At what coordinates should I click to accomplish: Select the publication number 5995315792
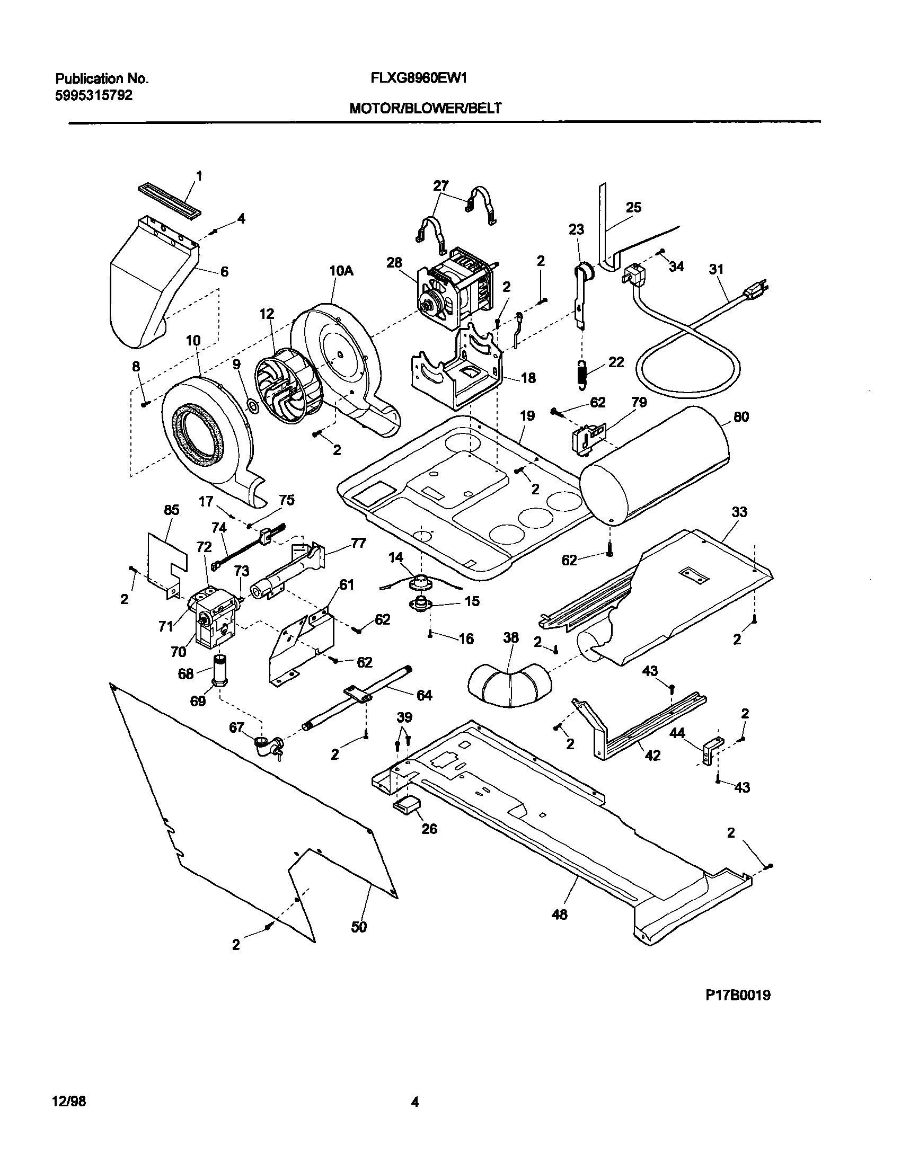(94, 96)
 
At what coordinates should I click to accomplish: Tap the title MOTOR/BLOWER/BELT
(425, 109)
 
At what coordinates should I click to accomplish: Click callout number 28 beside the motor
(394, 263)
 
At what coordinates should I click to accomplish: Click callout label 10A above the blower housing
(341, 271)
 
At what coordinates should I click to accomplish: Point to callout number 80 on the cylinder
(741, 417)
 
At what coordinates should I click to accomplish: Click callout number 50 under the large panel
(359, 927)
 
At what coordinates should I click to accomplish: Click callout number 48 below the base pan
(559, 914)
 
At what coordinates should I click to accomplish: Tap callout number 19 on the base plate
(527, 416)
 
